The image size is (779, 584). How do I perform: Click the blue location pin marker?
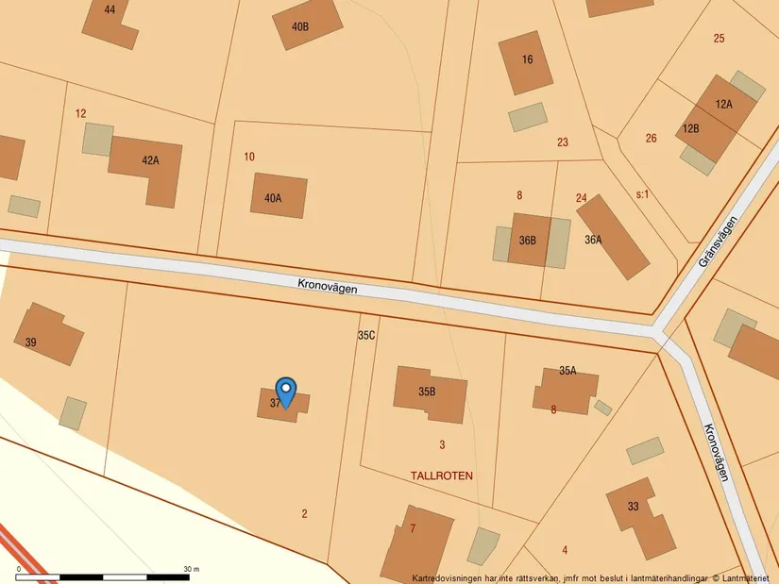tap(285, 391)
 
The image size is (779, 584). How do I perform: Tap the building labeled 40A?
tap(279, 196)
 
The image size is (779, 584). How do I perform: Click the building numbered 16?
tap(525, 61)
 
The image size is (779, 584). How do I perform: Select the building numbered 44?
tap(111, 21)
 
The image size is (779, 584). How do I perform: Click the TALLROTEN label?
tap(442, 476)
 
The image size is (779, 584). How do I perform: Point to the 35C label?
tap(366, 335)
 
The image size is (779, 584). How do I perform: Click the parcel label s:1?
tap(642, 194)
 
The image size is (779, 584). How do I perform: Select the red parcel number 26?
tap(651, 139)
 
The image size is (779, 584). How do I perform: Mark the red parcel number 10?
tap(249, 157)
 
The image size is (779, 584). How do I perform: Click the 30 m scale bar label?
tap(191, 569)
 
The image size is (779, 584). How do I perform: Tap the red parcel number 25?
tap(719, 39)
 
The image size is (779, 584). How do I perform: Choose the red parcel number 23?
tap(563, 142)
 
